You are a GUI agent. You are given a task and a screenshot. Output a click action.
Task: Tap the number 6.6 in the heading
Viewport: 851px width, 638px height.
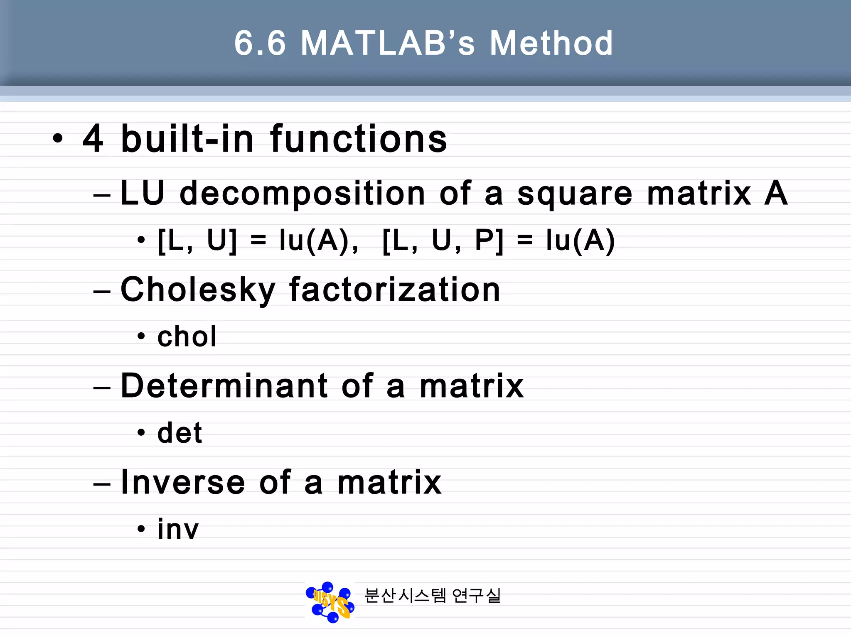[x=260, y=43]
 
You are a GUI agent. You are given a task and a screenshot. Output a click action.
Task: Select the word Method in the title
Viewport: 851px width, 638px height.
[x=551, y=43]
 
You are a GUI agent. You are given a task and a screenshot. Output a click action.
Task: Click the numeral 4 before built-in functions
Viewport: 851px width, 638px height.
[x=93, y=139]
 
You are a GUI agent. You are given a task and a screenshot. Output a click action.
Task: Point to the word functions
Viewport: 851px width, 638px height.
[x=359, y=139]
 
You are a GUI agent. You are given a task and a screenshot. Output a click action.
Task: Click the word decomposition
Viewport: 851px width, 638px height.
[x=303, y=194]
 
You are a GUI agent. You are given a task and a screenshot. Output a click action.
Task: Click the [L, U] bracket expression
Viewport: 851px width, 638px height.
[x=197, y=241]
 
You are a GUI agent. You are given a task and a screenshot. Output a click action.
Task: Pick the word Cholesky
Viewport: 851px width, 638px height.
[x=198, y=290]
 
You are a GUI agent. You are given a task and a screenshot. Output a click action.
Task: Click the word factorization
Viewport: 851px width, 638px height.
[x=395, y=290]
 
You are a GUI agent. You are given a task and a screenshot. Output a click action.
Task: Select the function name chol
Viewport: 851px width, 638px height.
[x=187, y=336]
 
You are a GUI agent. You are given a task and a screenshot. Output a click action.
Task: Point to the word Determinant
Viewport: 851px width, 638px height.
[x=224, y=386]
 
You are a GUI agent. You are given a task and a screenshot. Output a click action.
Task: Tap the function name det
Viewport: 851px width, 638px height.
[x=180, y=433]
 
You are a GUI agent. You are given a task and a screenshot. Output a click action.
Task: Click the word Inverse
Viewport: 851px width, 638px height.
[x=183, y=482]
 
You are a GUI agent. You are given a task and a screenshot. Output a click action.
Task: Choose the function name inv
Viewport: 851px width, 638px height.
[x=178, y=530]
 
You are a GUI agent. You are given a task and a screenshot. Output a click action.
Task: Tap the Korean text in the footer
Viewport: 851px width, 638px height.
[x=433, y=596]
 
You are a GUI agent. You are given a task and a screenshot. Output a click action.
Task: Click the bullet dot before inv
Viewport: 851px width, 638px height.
[x=141, y=529]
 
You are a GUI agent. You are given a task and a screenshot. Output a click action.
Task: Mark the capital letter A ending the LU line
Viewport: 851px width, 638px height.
[x=776, y=193]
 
